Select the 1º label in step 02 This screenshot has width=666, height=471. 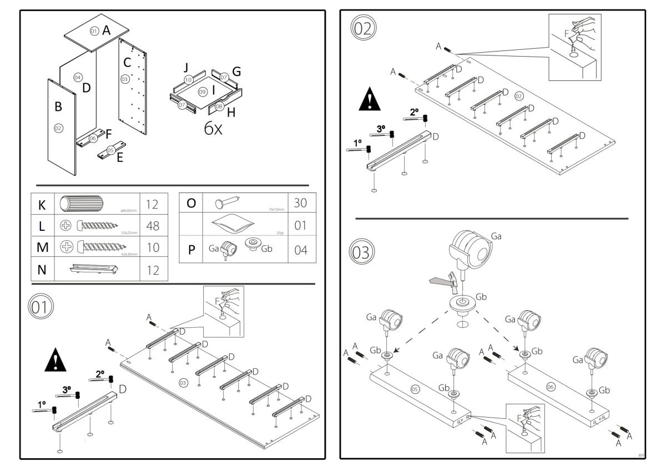(357, 143)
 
